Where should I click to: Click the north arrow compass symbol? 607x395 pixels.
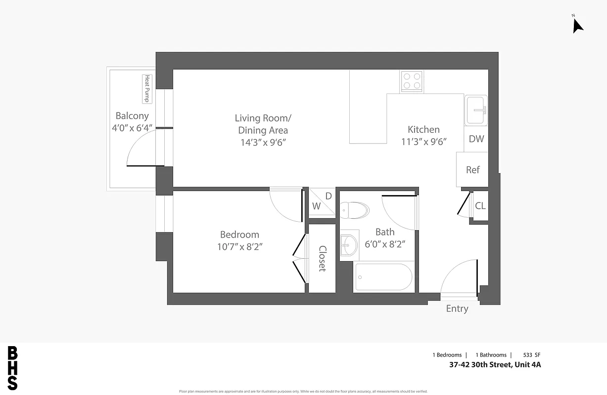(577, 24)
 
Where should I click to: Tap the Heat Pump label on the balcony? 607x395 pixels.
(146, 89)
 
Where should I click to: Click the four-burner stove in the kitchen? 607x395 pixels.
(412, 81)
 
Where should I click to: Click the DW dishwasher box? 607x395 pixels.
(476, 139)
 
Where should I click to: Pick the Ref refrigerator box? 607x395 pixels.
(472, 170)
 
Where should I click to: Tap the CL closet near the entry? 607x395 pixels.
(480, 206)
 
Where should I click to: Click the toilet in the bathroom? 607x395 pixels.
(356, 210)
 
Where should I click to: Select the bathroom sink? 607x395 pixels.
(349, 244)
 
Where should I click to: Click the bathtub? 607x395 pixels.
(383, 277)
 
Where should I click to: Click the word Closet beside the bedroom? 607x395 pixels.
(322, 259)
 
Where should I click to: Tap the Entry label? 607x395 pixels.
(457, 309)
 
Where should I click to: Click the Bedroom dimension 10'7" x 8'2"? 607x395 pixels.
(239, 247)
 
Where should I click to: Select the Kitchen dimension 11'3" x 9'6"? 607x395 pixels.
(424, 142)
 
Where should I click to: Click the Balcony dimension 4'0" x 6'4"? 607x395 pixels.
(132, 128)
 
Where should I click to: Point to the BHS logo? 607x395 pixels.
(13, 368)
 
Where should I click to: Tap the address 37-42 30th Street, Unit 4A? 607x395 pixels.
(495, 365)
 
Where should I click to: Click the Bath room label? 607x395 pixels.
(385, 232)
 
